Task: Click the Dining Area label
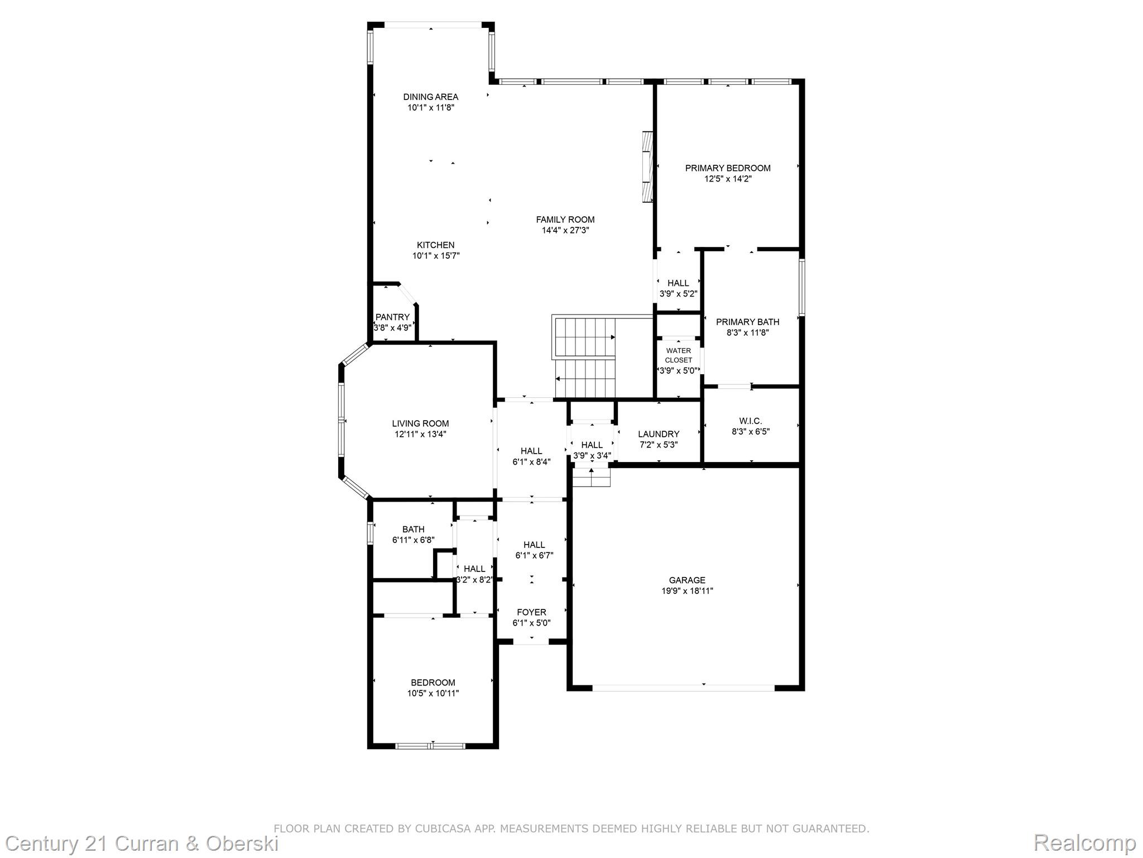(x=430, y=97)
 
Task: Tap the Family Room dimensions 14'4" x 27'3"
(x=565, y=230)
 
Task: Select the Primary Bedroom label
(x=727, y=168)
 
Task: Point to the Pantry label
(x=392, y=317)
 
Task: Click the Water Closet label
(x=678, y=355)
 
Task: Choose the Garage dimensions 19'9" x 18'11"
(x=687, y=590)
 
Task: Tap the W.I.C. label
(x=750, y=421)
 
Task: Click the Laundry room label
(x=658, y=434)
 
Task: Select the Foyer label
(x=531, y=612)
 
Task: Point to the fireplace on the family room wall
(x=647, y=167)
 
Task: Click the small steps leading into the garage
(x=591, y=478)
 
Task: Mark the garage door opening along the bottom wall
(x=683, y=688)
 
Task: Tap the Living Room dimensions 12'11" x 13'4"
(x=420, y=434)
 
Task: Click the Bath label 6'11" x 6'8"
(x=413, y=529)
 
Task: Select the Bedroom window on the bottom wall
(x=430, y=745)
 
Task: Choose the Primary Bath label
(x=747, y=322)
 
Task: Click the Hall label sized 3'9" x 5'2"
(x=678, y=283)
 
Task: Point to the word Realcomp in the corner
(x=1084, y=842)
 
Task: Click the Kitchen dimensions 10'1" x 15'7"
(x=435, y=256)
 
